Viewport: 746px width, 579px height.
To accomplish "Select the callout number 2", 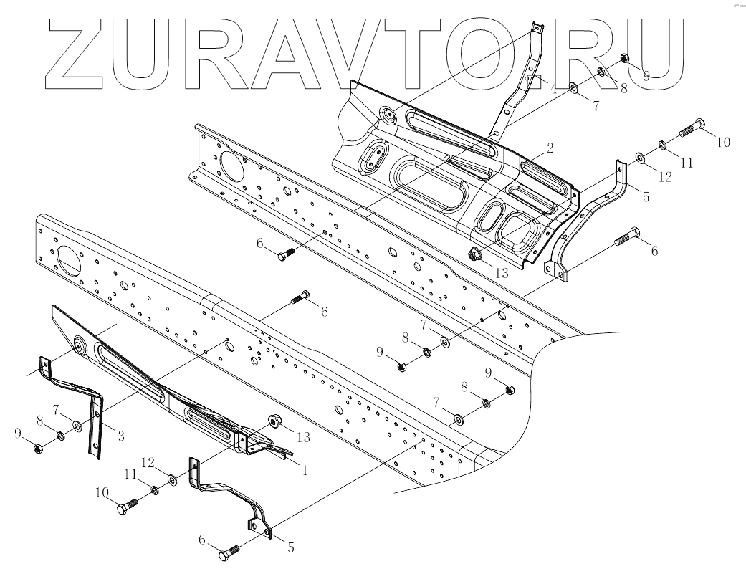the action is coord(550,148).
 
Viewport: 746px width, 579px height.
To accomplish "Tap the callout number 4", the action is coord(553,87).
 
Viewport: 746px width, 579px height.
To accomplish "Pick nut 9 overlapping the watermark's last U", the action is coord(625,58).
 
